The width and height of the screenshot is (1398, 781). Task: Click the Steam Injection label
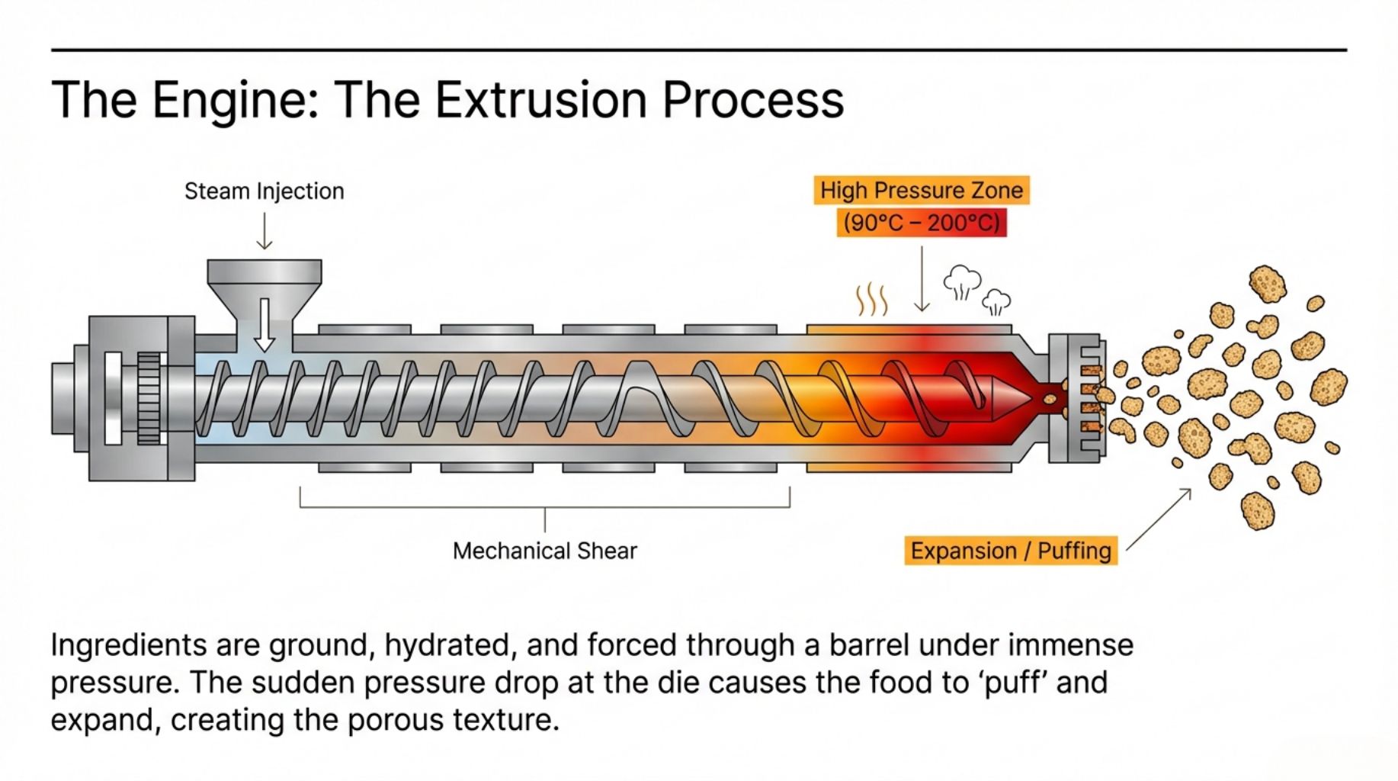coord(264,191)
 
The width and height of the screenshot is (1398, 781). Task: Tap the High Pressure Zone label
coord(922,190)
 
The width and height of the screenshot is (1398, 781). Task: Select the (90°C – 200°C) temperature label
coord(922,223)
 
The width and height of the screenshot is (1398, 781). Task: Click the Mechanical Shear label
coord(544,551)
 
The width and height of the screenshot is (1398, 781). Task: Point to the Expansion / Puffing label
coord(1011,551)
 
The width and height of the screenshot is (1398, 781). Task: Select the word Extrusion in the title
coord(540,100)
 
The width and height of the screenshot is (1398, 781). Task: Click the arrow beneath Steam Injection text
coord(264,231)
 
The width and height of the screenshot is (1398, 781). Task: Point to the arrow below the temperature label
coord(922,278)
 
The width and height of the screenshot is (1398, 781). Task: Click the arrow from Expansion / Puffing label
coord(1159,519)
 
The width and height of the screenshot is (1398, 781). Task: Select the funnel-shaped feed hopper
coord(264,297)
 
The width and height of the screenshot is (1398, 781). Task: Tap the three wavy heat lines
coord(872,299)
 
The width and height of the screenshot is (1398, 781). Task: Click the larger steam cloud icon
coord(962,282)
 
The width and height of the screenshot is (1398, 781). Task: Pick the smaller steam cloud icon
coord(996,302)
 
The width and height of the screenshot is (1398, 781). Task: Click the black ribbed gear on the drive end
coord(149,397)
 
